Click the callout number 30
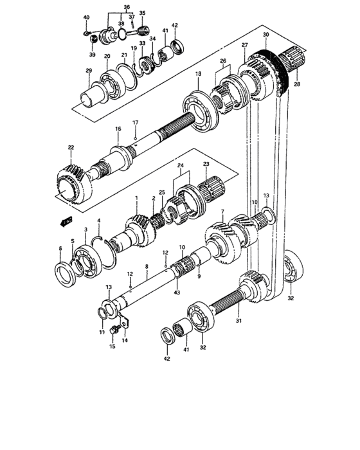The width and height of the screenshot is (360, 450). pos(266,35)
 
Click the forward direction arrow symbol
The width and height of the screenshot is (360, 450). pos(66,221)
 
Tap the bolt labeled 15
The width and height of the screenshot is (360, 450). pos(114,330)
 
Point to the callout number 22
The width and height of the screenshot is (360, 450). pos(71,147)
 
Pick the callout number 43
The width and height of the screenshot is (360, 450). pos(177,292)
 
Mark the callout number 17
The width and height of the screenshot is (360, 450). pos(135,123)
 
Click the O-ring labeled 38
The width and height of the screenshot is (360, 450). pos(122,33)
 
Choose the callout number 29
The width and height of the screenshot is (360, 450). pos(89,71)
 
